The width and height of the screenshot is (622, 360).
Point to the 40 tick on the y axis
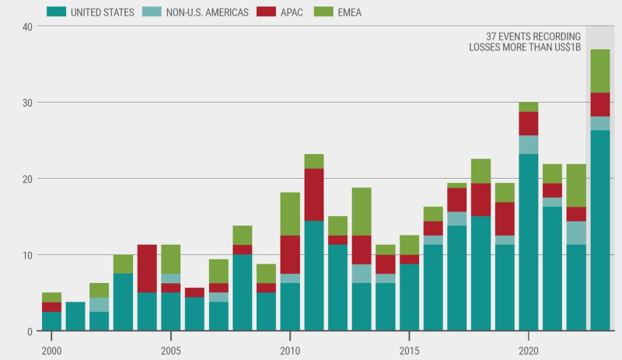(x=28, y=26)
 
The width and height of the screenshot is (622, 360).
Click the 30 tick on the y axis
(x=28, y=103)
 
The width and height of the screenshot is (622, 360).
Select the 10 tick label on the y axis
(x=28, y=255)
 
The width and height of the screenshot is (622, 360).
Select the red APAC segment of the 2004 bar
(x=148, y=268)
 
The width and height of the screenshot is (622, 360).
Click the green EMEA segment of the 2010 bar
(x=291, y=214)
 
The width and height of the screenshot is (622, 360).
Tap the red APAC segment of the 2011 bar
(x=314, y=194)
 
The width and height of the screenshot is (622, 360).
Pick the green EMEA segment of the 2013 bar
(x=362, y=211)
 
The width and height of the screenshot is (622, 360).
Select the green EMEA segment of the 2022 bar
(x=576, y=185)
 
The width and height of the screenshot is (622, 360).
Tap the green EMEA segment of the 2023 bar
(x=600, y=71)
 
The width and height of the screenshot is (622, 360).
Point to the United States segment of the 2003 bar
(x=124, y=302)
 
